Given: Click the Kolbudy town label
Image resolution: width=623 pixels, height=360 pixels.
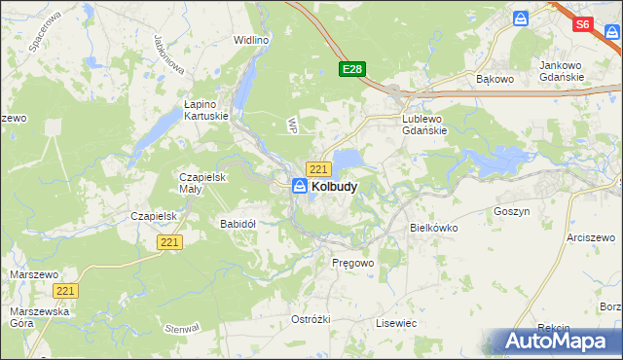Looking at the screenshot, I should [334, 186].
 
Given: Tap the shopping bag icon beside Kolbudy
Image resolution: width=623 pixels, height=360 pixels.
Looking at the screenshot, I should [301, 185].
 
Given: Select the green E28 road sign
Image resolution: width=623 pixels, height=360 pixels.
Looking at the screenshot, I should [351, 69].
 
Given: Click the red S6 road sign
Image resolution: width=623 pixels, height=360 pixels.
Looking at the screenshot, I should [583, 25].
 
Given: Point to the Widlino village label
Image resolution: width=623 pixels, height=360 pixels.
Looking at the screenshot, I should [251, 41].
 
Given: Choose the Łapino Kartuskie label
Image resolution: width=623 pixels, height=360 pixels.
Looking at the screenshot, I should [206, 108].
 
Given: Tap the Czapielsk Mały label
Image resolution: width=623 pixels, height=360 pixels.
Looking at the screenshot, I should [203, 184].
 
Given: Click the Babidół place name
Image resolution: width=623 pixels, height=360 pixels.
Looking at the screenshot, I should [238, 224].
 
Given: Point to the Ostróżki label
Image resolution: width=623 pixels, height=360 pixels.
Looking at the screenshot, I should [311, 319].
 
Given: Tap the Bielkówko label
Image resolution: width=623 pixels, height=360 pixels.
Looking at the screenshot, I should [434, 228].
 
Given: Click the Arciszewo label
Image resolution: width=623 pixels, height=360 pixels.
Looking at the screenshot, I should [593, 237].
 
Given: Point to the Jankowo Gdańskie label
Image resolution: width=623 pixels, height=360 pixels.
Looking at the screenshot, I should [562, 71].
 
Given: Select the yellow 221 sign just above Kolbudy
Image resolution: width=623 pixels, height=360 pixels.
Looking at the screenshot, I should [318, 168].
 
